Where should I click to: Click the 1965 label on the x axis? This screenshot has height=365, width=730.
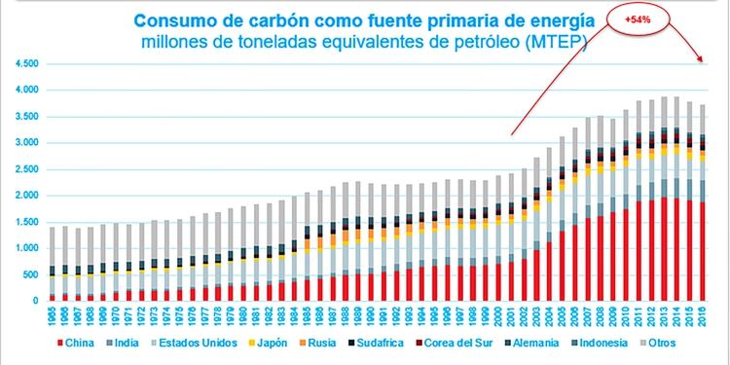[53, 315]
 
